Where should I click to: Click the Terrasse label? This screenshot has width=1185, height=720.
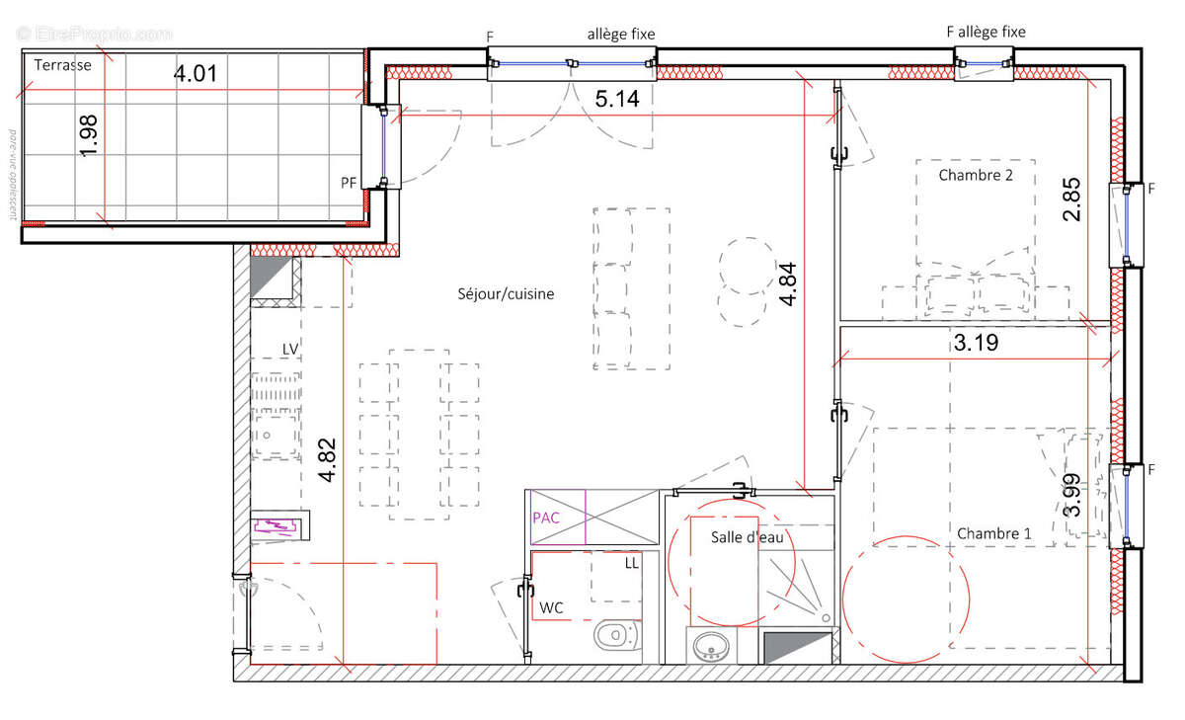[62, 65]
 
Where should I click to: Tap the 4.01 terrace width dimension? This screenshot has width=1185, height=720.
[195, 73]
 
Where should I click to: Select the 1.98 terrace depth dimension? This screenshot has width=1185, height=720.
[89, 134]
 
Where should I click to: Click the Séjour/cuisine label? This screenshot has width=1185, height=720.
[506, 293]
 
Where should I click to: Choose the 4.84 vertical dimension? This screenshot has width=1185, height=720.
[786, 284]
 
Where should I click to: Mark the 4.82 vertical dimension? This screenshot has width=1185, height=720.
[327, 460]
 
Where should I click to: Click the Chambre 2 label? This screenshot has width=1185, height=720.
[976, 176]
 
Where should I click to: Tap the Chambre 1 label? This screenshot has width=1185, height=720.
[994, 533]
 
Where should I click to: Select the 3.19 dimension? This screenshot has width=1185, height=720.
[975, 344]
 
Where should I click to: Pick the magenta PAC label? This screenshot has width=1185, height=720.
[545, 518]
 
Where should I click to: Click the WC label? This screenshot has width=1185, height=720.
[551, 607]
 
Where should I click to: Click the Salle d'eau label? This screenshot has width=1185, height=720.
[747, 536]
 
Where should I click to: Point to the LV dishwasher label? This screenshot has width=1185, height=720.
[290, 349]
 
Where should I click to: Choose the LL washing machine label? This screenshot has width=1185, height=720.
[631, 563]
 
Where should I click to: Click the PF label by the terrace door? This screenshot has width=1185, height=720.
[349, 182]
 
